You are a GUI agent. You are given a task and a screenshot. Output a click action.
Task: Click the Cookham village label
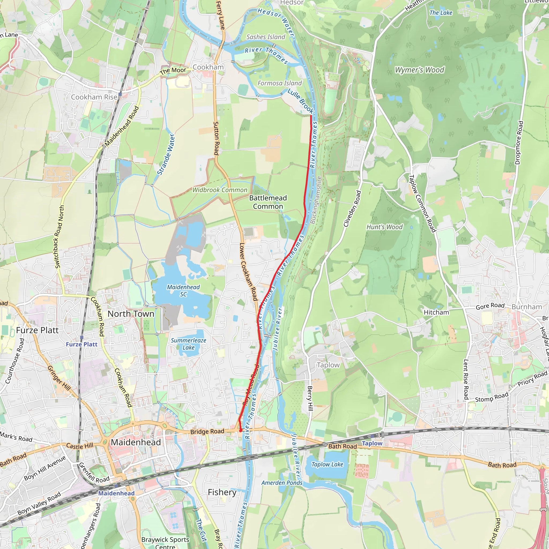click(208, 67)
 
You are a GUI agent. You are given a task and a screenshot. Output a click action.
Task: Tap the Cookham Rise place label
click(94, 97)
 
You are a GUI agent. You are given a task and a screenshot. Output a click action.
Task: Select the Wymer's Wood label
click(420, 70)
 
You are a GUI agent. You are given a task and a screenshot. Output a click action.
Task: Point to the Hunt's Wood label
click(384, 227)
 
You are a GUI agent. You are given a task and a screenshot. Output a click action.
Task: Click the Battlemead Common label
click(268, 202)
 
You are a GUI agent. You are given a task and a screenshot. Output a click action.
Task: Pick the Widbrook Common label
click(220, 190)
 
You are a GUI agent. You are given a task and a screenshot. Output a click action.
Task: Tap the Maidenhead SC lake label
click(183, 290)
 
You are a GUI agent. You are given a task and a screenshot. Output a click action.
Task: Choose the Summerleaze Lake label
click(188, 344)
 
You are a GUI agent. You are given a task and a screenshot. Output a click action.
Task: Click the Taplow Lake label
click(327, 464)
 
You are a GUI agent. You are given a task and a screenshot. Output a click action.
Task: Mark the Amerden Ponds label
click(282, 483)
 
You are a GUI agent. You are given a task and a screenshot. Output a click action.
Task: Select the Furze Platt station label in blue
click(81, 344)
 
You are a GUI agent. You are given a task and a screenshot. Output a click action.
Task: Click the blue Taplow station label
click(372, 443)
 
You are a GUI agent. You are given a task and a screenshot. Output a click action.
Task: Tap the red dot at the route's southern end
click(241, 431)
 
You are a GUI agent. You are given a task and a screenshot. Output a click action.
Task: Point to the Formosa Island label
click(280, 83)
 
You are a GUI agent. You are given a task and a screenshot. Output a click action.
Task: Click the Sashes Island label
click(266, 37)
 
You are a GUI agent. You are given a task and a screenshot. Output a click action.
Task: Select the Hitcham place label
click(436, 312)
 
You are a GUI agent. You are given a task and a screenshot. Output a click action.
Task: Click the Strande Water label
click(166, 154)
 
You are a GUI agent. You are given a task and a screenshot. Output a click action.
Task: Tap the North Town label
click(131, 314)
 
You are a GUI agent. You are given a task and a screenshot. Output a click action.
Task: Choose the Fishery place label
click(222, 492)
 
